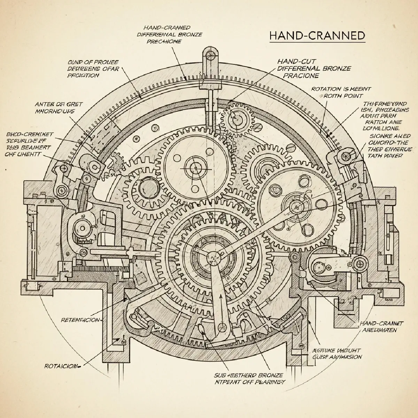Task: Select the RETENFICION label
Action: point(80,319)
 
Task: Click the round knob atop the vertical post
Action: point(210,54)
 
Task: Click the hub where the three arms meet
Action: point(212,258)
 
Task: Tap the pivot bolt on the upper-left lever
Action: point(63,190)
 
